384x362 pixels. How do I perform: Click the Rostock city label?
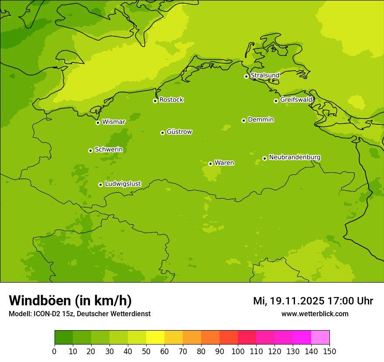(x=171, y=100)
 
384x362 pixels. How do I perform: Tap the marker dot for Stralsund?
(x=246, y=76)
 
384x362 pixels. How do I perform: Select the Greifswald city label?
(x=296, y=100)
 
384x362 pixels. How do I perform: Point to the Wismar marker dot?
(x=98, y=123)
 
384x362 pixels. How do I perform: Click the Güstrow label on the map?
(x=179, y=132)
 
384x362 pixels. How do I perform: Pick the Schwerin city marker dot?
(x=90, y=150)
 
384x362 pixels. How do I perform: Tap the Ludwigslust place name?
(x=123, y=184)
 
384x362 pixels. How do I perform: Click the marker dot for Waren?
(x=210, y=164)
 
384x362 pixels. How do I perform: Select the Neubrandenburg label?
(x=295, y=157)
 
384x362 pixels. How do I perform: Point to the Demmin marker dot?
(x=243, y=120)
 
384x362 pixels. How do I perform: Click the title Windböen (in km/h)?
(x=70, y=301)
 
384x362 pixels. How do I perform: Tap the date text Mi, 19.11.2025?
(x=288, y=301)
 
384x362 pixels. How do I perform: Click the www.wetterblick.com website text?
(x=315, y=314)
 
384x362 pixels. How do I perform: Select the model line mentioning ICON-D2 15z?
(x=79, y=314)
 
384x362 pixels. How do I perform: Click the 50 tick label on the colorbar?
(x=146, y=351)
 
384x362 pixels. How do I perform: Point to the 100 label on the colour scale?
(x=238, y=351)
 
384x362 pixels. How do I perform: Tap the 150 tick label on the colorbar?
(x=329, y=351)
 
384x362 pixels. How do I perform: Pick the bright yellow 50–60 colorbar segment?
(x=155, y=338)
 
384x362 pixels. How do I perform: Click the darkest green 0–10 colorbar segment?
(x=64, y=338)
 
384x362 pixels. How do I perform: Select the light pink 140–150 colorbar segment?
(x=320, y=338)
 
